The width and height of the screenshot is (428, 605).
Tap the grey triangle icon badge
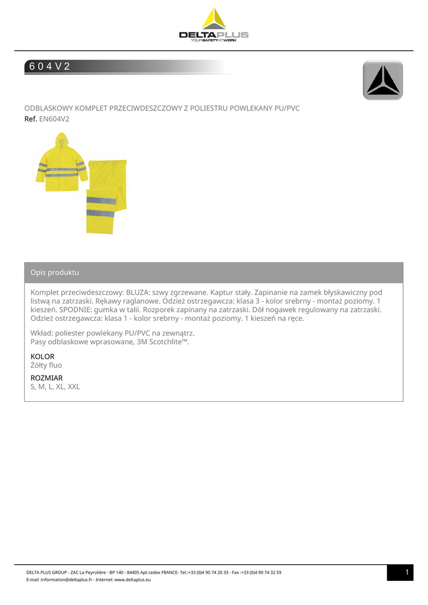click(383, 80)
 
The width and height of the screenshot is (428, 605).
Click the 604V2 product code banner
click(50, 67)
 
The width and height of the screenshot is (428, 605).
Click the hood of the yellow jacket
click(61, 141)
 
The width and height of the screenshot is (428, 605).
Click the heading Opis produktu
click(55, 273)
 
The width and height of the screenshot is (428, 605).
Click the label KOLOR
click(43, 357)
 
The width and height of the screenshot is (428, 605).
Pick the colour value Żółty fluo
click(46, 366)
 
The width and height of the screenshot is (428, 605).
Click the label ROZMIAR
click(47, 378)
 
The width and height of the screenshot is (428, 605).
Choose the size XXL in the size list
click(74, 387)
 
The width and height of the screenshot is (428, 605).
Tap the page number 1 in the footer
click(407, 573)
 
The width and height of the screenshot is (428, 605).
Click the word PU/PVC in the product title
click(287, 108)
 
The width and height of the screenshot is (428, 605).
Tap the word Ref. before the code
click(31, 119)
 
